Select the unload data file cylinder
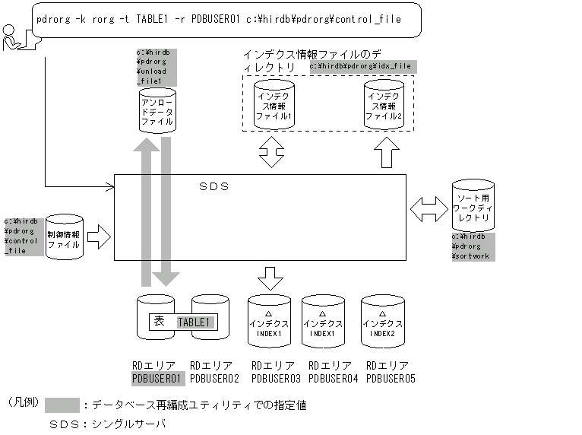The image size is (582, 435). click(157, 109)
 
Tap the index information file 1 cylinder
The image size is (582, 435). click(273, 104)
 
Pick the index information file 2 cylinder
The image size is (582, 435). click(384, 104)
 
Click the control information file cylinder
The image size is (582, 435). click(65, 237)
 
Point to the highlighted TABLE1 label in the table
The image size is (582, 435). click(196, 322)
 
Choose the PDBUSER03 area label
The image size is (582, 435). click(276, 378)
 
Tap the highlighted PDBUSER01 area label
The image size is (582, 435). click(158, 378)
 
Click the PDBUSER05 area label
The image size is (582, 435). click(391, 378)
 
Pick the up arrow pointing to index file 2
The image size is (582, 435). click(385, 154)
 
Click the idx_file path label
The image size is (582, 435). click(360, 66)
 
